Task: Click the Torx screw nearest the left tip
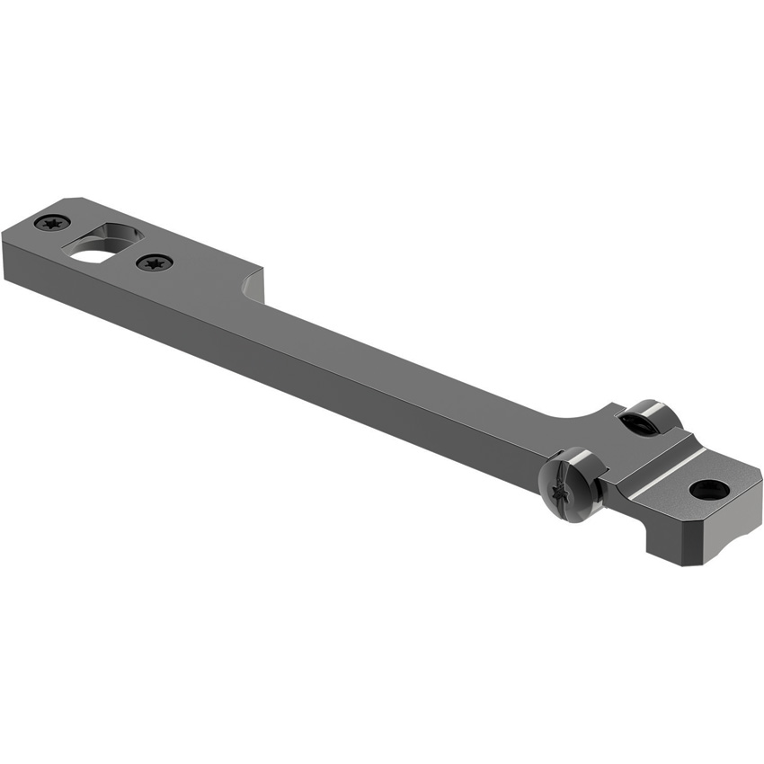coord(53,222)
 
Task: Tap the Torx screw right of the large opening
coord(155,262)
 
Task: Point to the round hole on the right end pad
coord(709,490)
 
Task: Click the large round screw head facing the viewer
coord(572,484)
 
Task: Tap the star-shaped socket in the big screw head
coord(567,484)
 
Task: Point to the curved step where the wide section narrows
coord(250,288)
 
